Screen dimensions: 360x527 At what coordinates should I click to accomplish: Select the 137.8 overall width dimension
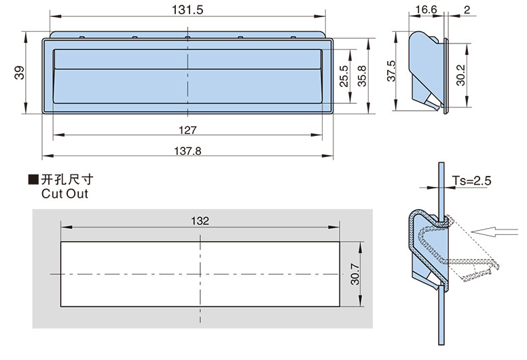tap(188, 152)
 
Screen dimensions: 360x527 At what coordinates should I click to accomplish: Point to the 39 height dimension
tap(19, 73)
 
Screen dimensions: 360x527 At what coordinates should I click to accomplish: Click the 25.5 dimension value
tap(344, 75)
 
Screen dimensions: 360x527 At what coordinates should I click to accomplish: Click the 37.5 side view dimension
tap(392, 71)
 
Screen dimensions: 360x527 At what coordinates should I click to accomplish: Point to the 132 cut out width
tap(200, 221)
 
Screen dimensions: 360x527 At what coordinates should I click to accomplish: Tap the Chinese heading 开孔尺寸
tap(67, 180)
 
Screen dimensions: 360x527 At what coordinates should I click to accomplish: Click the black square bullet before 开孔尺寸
tap(33, 180)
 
